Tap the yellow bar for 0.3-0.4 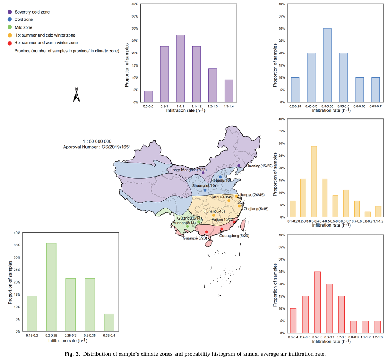[x=314, y=182]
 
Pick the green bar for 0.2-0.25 [x=51, y=287]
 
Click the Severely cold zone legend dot [x=9, y=12]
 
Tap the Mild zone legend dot [x=9, y=27]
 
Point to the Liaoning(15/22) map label [x=259, y=166]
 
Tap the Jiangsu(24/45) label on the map [x=251, y=195]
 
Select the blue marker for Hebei [x=220, y=177]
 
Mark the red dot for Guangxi [x=206, y=232]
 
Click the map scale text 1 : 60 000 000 [x=97, y=141]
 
